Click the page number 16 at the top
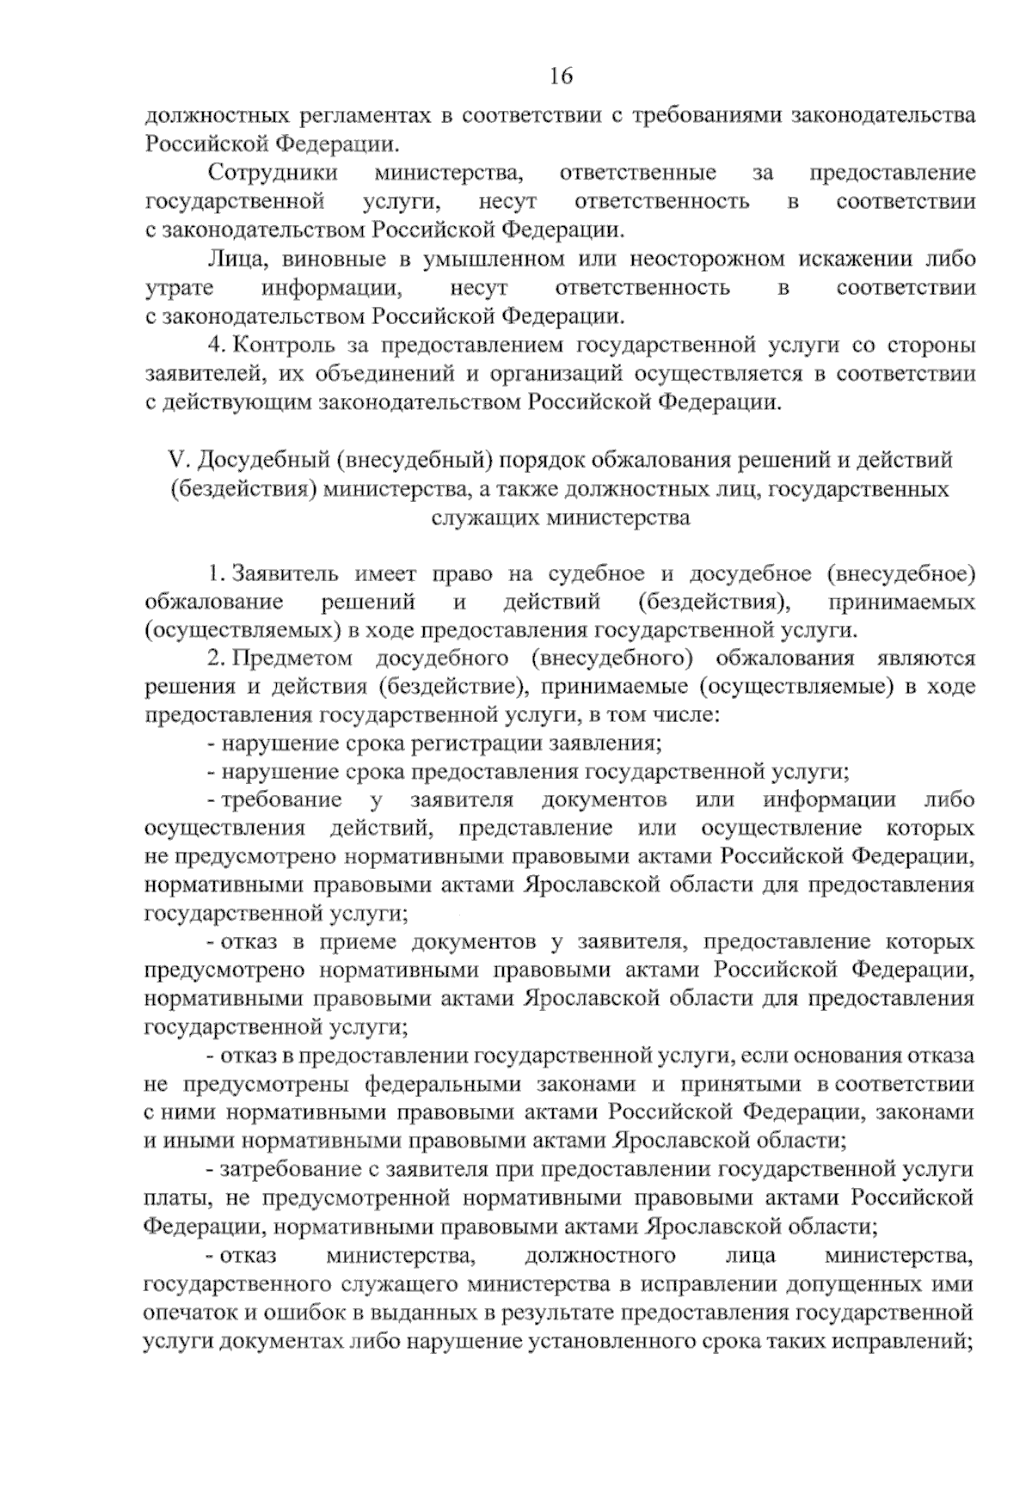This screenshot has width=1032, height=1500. point(562,76)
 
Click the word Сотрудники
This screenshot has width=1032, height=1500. point(273,173)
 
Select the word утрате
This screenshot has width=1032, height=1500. point(180,287)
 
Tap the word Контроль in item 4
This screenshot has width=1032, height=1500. point(287,346)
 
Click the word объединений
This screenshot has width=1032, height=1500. point(348,374)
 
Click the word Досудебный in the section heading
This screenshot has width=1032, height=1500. point(262,461)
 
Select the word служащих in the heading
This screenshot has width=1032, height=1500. point(482,518)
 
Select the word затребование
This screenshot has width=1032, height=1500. point(289,1169)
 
